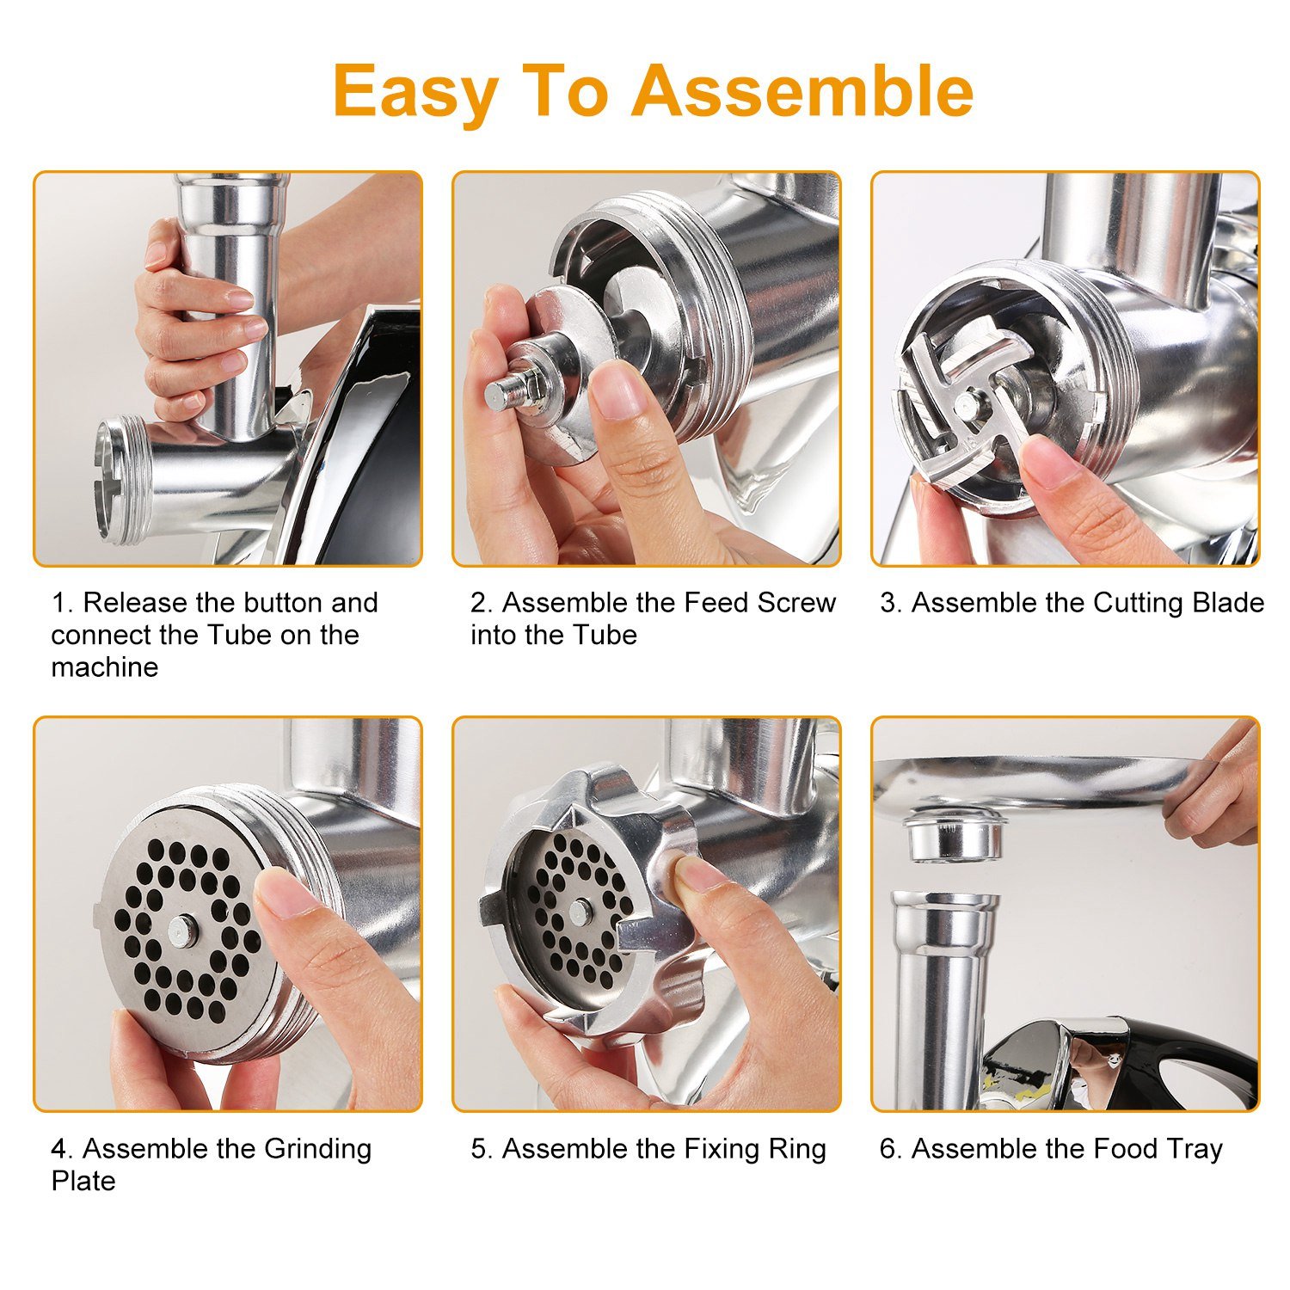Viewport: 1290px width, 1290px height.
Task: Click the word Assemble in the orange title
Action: [802, 91]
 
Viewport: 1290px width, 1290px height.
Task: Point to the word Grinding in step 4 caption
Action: [317, 1149]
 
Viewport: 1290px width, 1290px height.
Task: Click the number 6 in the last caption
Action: [888, 1149]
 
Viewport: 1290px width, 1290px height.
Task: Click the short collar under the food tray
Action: [955, 834]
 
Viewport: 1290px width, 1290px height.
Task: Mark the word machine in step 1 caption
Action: [104, 667]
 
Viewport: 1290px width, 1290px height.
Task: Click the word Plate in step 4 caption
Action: [83, 1181]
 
